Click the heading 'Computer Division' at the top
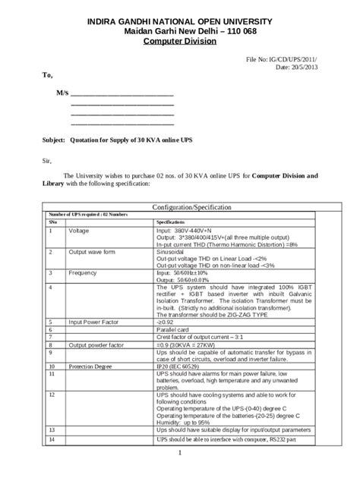(x=181, y=42)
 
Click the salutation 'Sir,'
(x=46, y=160)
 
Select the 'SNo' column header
(x=52, y=222)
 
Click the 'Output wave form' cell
(x=92, y=251)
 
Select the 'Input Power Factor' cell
(x=95, y=322)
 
